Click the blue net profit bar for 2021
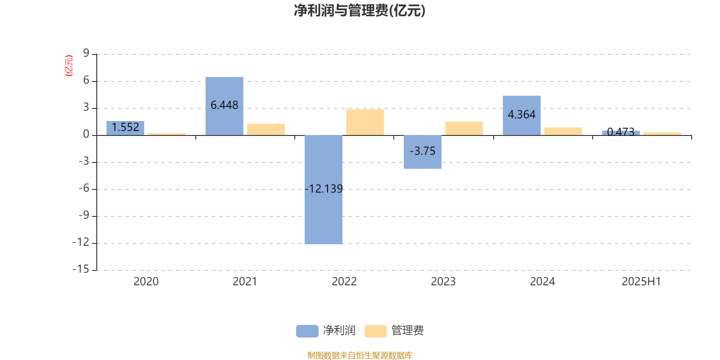(225, 106)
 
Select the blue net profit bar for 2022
(324, 189)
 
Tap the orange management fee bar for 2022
(365, 122)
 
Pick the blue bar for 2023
(423, 152)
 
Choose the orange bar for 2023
(464, 129)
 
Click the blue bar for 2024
(522, 115)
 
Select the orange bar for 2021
(266, 130)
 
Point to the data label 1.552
(126, 127)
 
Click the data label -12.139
(324, 189)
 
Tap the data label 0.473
(621, 132)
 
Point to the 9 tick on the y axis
(86, 53)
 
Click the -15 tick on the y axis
(81, 269)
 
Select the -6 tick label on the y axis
(84, 188)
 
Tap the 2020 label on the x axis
(146, 282)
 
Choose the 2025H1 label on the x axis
(641, 282)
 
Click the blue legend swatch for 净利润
(307, 331)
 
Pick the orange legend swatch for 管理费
(375, 331)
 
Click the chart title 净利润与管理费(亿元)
(360, 11)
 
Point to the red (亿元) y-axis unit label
(69, 66)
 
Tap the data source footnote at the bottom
(360, 355)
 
